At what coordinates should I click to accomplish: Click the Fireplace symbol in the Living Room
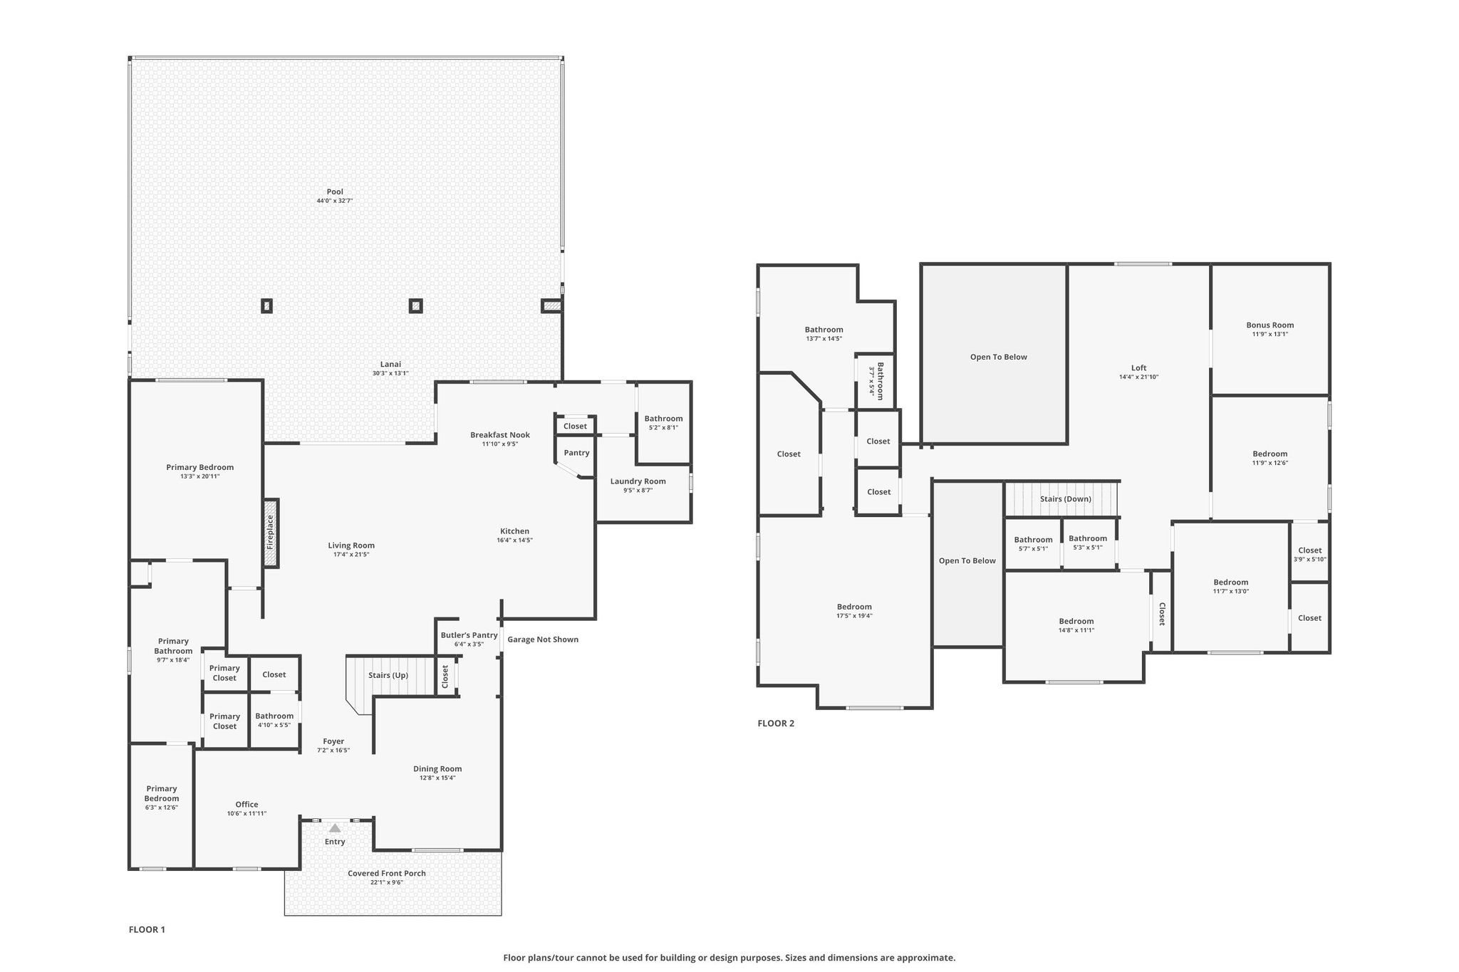click(271, 533)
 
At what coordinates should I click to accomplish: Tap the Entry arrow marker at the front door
click(335, 827)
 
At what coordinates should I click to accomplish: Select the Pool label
click(335, 192)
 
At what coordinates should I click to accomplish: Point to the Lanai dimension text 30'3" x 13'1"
click(390, 373)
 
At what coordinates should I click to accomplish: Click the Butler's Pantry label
click(469, 635)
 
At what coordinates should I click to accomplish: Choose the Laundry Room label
click(638, 481)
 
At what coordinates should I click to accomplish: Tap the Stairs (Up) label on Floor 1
click(388, 675)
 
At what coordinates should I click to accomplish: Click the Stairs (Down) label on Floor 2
click(1066, 499)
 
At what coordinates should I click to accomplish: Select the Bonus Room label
click(1270, 325)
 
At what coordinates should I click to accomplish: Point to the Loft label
click(1139, 368)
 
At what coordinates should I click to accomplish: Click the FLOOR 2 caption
click(776, 723)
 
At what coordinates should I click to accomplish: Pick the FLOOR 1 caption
click(147, 929)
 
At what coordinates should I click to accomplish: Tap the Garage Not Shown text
click(543, 639)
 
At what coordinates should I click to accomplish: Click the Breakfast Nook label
click(500, 435)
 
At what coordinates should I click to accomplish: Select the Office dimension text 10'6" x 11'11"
click(247, 813)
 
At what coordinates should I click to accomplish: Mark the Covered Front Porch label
click(387, 874)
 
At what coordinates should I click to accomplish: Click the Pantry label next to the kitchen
click(576, 453)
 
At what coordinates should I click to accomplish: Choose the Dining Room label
click(437, 769)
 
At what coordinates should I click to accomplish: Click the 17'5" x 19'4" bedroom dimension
click(854, 616)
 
